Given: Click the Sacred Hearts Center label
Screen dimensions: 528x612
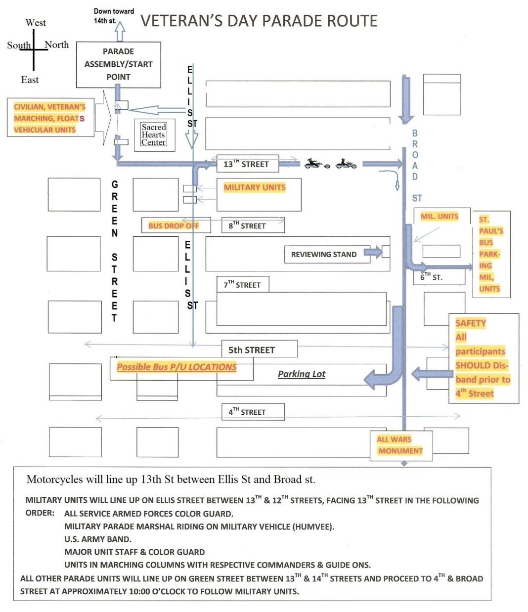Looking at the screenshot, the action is click(x=153, y=135).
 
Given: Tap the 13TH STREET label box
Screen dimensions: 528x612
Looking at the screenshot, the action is click(x=248, y=164).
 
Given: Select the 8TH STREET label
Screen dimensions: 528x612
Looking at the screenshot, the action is click(x=247, y=225).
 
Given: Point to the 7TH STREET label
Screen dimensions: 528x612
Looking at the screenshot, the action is click(x=242, y=285).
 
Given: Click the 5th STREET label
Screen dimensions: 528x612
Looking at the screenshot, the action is click(x=252, y=350).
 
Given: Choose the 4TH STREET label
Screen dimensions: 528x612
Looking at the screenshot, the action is click(x=247, y=412).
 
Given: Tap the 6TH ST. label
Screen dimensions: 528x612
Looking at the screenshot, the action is click(x=431, y=277).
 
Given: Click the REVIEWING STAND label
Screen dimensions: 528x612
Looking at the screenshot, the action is click(x=324, y=254).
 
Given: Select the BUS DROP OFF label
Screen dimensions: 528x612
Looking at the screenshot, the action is click(x=174, y=226).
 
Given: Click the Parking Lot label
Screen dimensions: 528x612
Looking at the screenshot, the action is click(x=302, y=374).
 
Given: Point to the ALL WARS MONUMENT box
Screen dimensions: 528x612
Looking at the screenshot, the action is click(x=401, y=445).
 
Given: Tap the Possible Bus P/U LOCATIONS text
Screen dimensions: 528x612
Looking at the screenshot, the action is click(x=176, y=367).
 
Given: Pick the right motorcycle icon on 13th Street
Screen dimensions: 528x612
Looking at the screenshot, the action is click(x=346, y=164).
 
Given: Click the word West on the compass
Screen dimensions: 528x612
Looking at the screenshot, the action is click(x=36, y=23).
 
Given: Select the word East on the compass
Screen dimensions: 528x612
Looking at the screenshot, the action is click(x=30, y=80).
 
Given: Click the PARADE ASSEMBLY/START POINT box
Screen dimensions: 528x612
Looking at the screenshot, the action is click(x=119, y=65).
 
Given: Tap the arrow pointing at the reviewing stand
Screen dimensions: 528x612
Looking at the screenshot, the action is click(x=373, y=252).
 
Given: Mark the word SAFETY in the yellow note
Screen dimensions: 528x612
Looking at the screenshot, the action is click(x=471, y=323).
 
